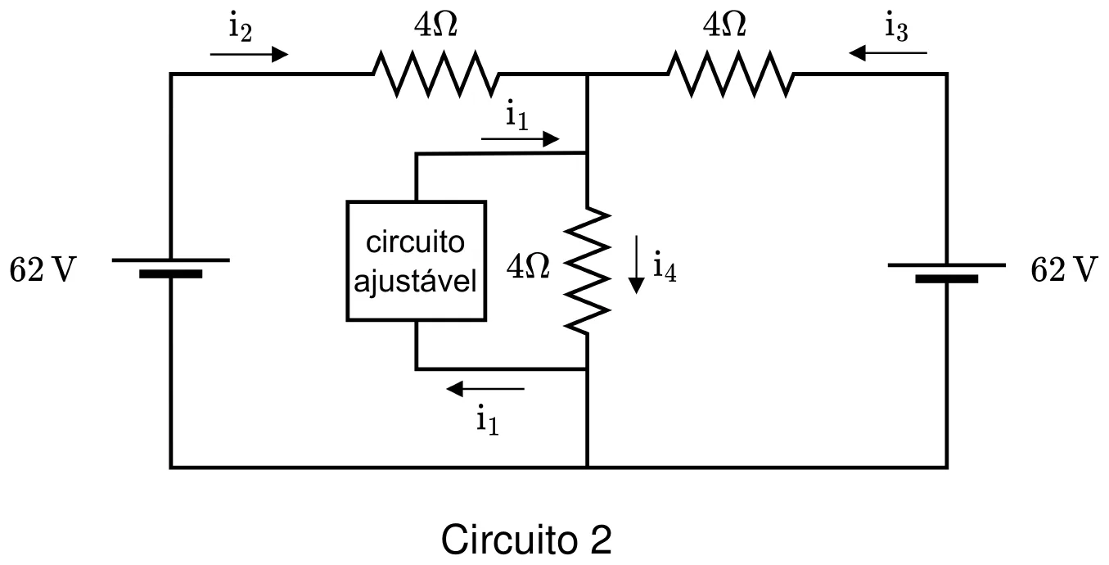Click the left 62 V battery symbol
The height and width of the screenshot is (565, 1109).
coord(171,268)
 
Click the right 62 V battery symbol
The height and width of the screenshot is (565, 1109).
coord(947,273)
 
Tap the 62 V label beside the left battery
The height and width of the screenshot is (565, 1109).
coord(43,270)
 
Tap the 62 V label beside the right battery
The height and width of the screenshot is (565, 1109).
coord(1064,270)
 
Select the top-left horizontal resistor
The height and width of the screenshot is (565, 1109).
coord(435,74)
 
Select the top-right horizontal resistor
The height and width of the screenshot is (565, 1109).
coord(731,74)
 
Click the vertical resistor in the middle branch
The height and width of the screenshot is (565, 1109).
coord(587,270)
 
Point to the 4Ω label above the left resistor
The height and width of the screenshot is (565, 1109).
coord(435,25)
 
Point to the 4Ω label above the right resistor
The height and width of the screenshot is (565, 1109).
coord(724,25)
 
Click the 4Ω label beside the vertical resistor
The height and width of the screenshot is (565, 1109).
coord(528,266)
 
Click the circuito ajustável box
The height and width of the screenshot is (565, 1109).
coord(417,261)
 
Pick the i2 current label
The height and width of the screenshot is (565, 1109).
coord(241,27)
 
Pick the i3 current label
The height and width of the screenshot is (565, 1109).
coord(896,27)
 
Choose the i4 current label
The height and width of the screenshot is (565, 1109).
coord(665,267)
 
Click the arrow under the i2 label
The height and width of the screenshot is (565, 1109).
coord(249,54)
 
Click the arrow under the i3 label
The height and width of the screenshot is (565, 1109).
coord(888,52)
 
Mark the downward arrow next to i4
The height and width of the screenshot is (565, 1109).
coord(636,265)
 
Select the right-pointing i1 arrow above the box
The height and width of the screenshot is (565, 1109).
coord(521,139)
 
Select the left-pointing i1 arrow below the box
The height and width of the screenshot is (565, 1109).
coord(485,389)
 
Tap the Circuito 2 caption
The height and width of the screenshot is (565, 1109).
coord(526,540)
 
